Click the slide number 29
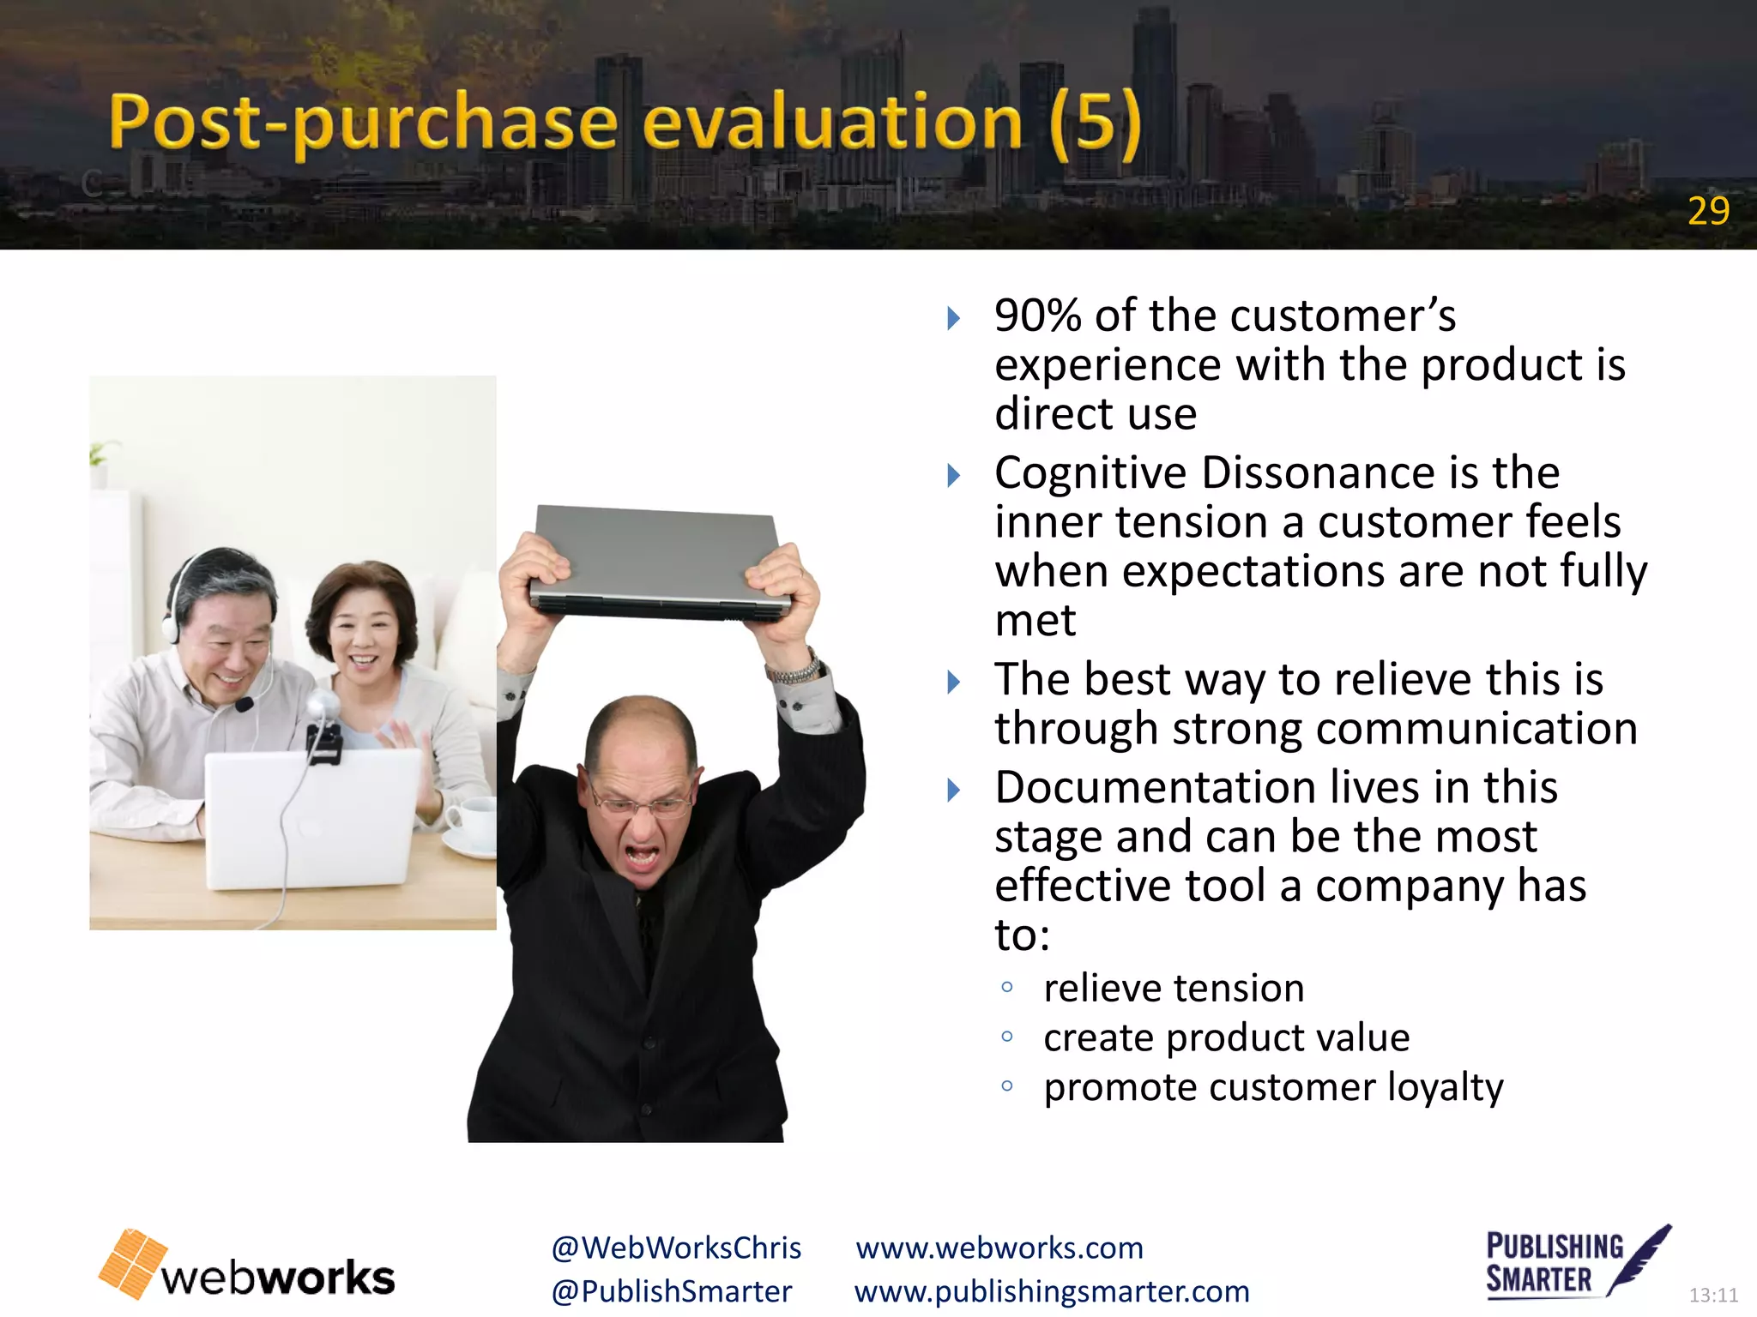tap(1708, 211)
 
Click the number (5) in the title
tap(1096, 123)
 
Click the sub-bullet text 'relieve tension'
tap(1174, 988)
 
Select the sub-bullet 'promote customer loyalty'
tap(1273, 1087)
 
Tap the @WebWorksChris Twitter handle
tap(676, 1248)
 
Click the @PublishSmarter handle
tap(672, 1291)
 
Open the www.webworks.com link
tap(999, 1248)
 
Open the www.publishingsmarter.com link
tap(1052, 1291)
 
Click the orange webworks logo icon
tap(133, 1263)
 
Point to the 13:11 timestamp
tap(1712, 1295)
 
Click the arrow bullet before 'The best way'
tap(953, 683)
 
